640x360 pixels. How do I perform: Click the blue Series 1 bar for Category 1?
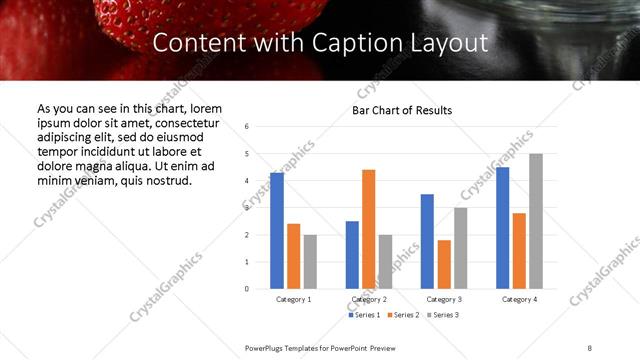[277, 231]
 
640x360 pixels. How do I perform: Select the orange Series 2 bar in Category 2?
[368, 229]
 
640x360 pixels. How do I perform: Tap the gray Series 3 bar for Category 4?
[536, 221]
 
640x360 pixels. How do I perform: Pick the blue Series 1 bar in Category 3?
[427, 241]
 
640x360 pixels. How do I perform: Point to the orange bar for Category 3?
[444, 264]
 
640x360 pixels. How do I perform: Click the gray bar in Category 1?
[310, 261]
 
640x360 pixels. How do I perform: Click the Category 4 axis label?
[519, 299]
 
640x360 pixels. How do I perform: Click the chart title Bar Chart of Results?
[402, 110]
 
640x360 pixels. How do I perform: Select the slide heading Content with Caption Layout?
[320, 43]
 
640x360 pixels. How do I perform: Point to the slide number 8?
[589, 347]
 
